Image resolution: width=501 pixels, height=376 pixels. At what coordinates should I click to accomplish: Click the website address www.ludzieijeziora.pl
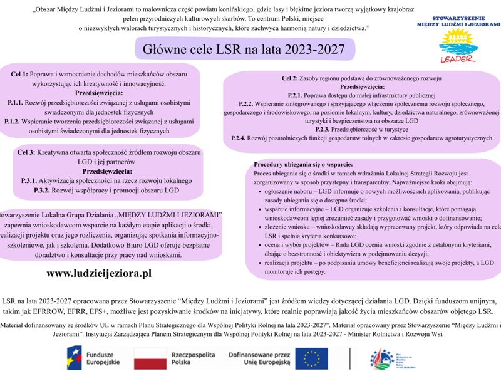(99, 273)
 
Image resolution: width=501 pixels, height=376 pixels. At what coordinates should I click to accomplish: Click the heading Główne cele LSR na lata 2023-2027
(245, 48)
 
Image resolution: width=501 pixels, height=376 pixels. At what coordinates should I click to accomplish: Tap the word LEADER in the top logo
(458, 60)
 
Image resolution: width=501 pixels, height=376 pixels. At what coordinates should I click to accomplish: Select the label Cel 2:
(290, 78)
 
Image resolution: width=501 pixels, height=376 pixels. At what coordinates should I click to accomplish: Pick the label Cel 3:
(26, 152)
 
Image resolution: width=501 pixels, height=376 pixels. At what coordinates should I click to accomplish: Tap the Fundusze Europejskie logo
(94, 358)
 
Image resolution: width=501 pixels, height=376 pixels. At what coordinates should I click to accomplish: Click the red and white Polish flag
(148, 358)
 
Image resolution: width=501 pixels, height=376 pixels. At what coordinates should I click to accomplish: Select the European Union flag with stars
(316, 358)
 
